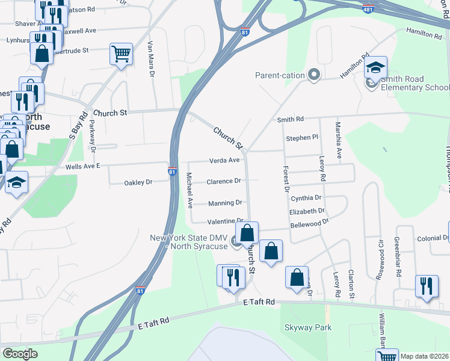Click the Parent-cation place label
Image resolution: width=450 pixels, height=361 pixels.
pyautogui.click(x=281, y=75)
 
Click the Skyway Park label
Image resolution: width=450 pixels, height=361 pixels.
pyautogui.click(x=307, y=327)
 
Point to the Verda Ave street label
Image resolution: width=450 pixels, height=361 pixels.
pyautogui.click(x=224, y=161)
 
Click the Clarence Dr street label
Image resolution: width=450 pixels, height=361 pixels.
pyautogui.click(x=224, y=181)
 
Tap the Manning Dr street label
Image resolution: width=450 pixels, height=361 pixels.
pyautogui.click(x=225, y=203)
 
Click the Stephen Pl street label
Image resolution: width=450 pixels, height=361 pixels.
pyautogui.click(x=301, y=138)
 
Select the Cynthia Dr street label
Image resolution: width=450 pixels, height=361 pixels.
pyautogui.click(x=306, y=197)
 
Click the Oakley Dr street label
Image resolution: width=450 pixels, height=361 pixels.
pyautogui.click(x=140, y=182)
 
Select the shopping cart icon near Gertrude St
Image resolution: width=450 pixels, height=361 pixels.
pyautogui.click(x=121, y=54)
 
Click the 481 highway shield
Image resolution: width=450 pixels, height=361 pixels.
pyautogui.click(x=368, y=9)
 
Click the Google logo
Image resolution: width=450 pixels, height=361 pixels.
pyautogui.click(x=20, y=354)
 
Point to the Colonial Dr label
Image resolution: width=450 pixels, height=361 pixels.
pyautogui.click(x=428, y=238)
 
